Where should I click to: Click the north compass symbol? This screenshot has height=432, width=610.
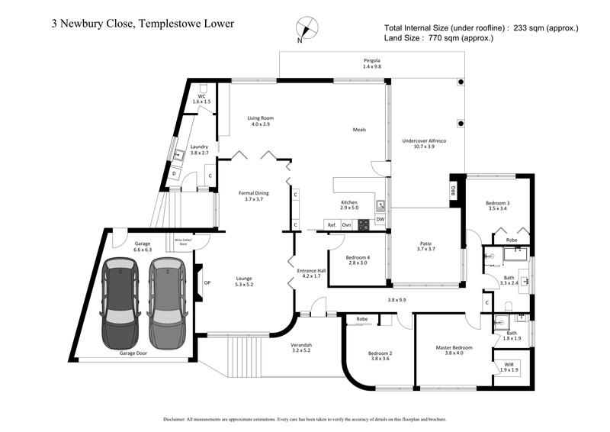tap(306, 29)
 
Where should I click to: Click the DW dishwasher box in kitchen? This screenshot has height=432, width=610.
tap(380, 220)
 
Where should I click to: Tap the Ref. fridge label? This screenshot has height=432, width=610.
tap(332, 224)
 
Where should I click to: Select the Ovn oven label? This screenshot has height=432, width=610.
tap(346, 224)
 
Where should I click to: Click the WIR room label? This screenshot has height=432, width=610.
tap(509, 366)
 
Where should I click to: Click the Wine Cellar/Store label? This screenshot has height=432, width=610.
tap(184, 241)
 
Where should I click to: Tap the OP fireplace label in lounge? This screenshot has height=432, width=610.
tap(206, 283)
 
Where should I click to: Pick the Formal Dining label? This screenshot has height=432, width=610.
tap(249, 195)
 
